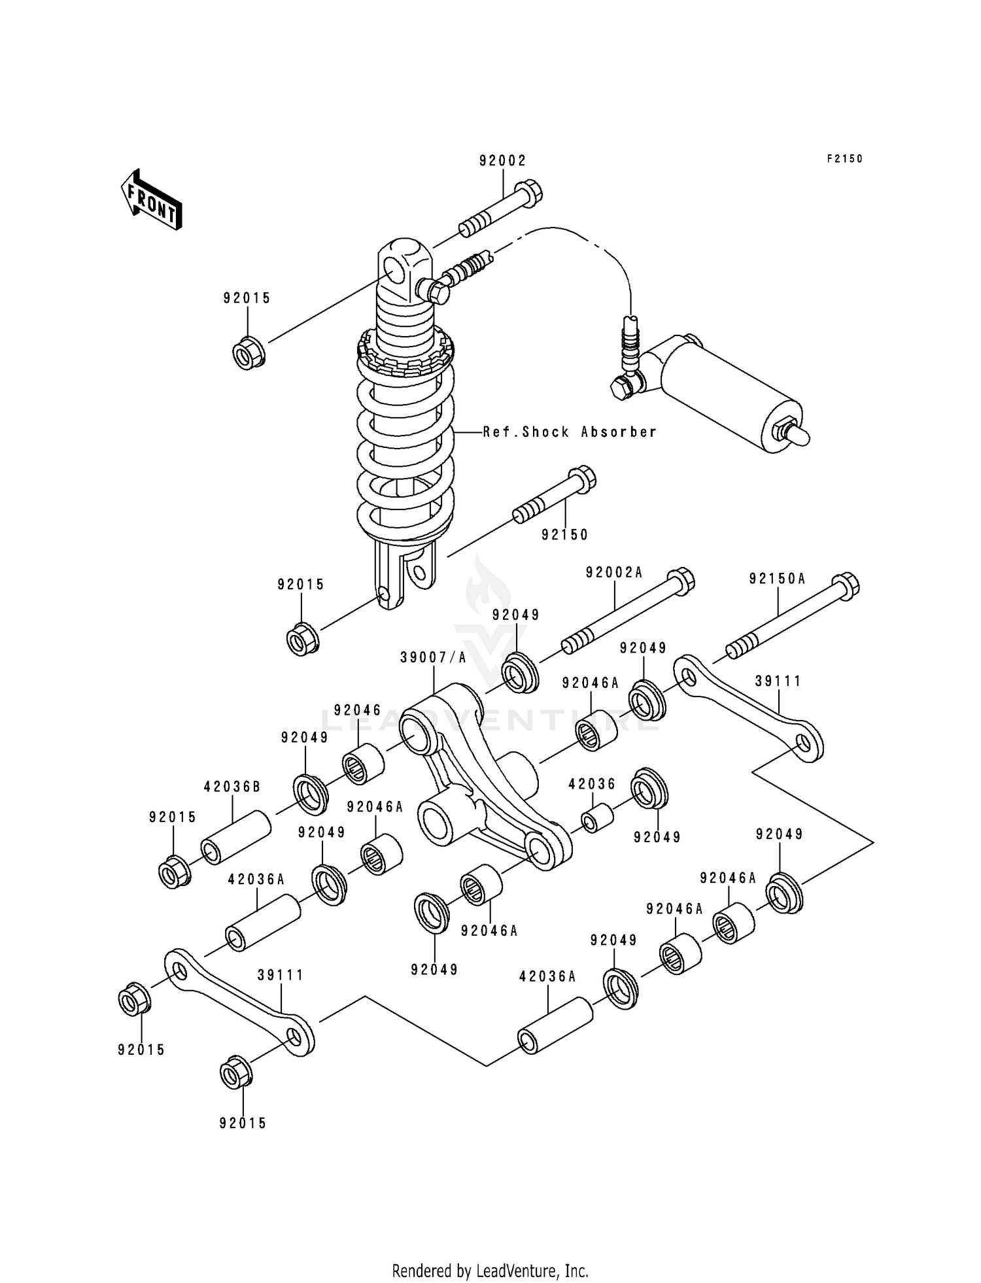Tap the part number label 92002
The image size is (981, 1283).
[502, 161]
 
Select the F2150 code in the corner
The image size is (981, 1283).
[844, 159]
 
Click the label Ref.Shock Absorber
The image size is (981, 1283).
[570, 432]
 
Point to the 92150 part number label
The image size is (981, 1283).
[564, 535]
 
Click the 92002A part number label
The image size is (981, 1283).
[614, 573]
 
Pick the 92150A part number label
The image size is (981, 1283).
[777, 579]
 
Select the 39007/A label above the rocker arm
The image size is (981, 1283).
[434, 658]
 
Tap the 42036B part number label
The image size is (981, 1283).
[232, 787]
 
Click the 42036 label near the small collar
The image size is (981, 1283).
[592, 784]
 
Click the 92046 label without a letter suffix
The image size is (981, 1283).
[357, 710]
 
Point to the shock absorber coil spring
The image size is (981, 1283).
[405, 445]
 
